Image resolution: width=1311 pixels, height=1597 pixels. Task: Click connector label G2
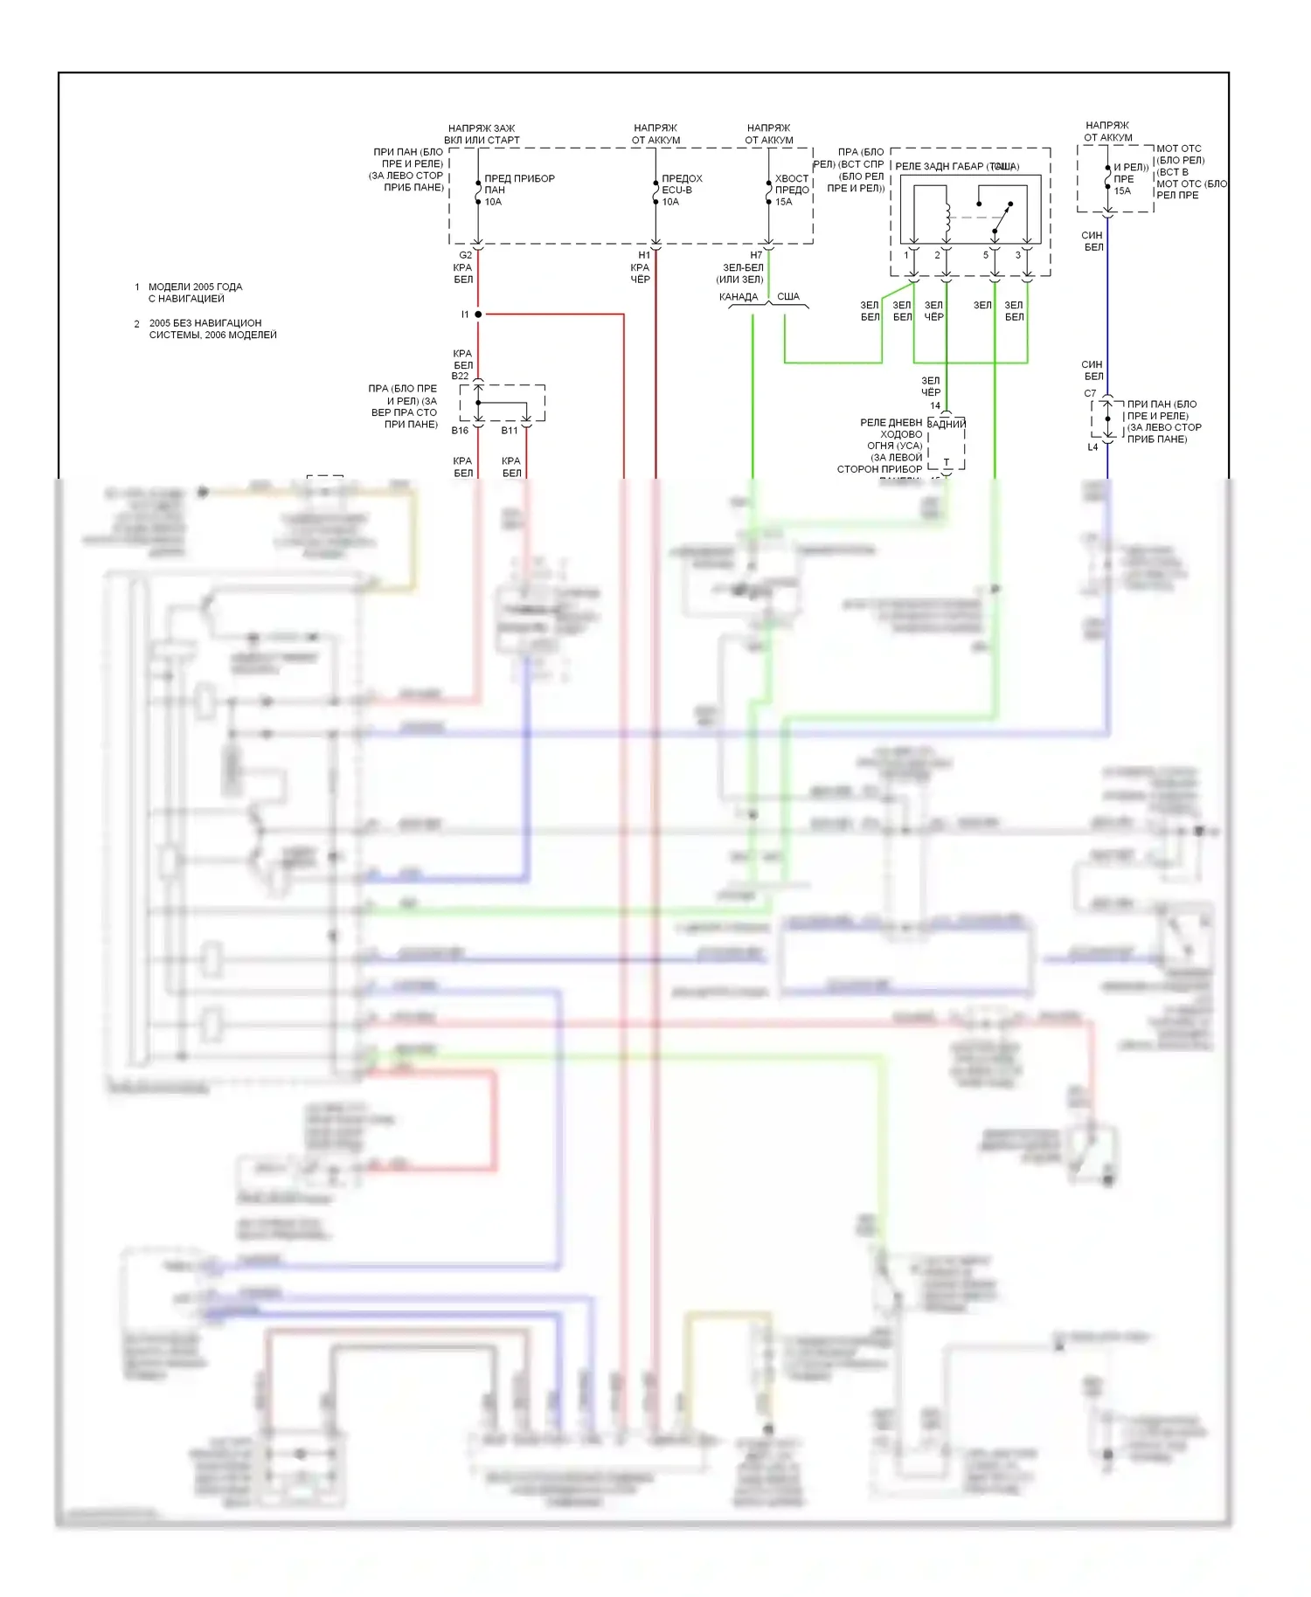465,256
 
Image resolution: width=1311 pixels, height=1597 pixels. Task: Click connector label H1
644,256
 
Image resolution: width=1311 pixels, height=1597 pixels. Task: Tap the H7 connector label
756,256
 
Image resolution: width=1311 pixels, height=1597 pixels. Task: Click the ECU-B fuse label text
676,190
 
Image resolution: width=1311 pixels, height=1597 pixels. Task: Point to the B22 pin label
460,377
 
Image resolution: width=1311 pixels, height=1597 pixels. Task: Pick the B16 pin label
460,431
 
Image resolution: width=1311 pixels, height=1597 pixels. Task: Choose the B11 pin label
510,431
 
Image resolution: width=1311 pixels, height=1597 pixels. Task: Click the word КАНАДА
739,297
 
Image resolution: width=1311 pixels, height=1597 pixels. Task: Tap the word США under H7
788,297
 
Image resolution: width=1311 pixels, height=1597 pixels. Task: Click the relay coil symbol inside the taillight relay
947,218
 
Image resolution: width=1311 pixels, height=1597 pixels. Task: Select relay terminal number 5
986,256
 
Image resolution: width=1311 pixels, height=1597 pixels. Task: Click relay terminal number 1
906,256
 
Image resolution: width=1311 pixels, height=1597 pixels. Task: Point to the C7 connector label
1090,394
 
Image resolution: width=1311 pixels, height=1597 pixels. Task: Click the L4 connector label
1092,447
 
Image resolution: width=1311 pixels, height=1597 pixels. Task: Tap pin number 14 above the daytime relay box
935,406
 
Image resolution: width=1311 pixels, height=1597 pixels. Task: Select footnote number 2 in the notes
136,324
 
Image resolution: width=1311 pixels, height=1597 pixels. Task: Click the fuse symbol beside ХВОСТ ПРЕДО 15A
768,190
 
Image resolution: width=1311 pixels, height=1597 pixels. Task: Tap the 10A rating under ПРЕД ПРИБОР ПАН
494,202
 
